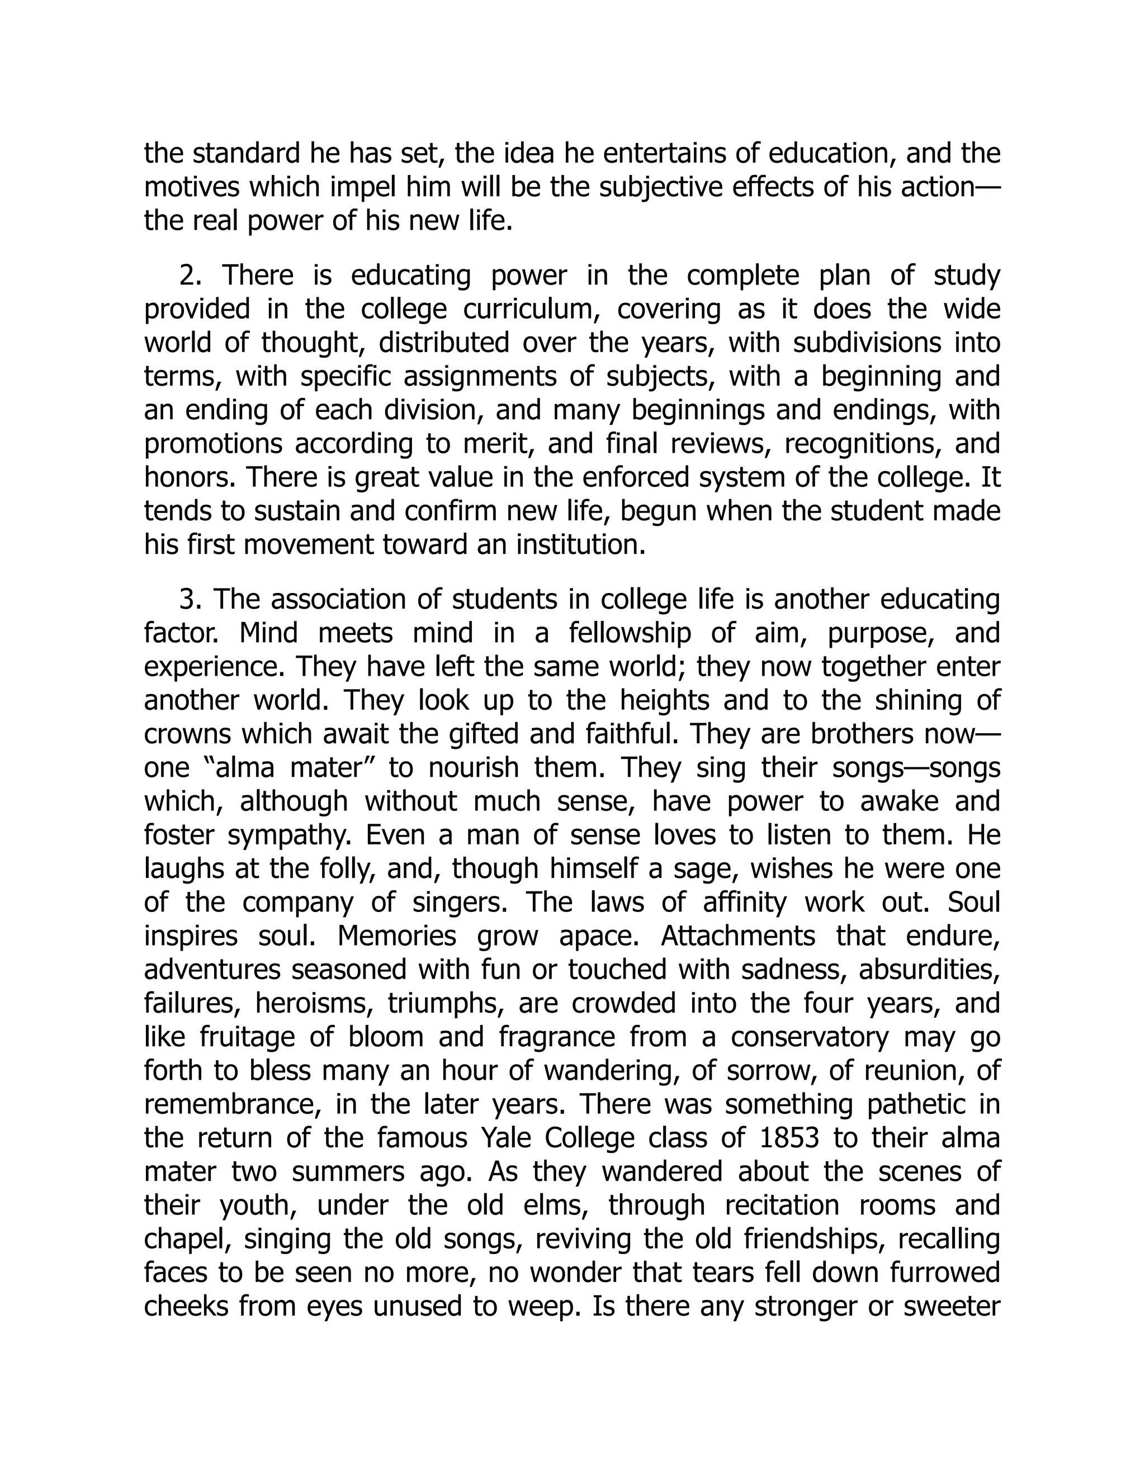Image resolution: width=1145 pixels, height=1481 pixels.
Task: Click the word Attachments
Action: tap(738, 936)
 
